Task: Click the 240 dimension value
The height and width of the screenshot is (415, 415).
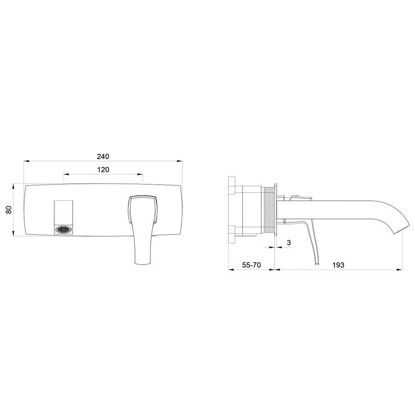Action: click(103, 157)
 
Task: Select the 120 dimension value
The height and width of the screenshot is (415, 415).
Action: click(103, 170)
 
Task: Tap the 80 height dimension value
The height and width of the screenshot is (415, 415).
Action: click(9, 210)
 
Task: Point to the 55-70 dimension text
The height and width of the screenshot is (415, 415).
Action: click(252, 265)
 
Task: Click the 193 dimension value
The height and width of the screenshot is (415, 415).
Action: click(338, 265)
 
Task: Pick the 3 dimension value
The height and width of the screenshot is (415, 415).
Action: click(289, 242)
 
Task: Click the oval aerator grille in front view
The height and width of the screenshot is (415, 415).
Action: click(63, 229)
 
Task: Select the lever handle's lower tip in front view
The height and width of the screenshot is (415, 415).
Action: click(143, 264)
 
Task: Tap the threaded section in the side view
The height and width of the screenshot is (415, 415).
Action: click(268, 210)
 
